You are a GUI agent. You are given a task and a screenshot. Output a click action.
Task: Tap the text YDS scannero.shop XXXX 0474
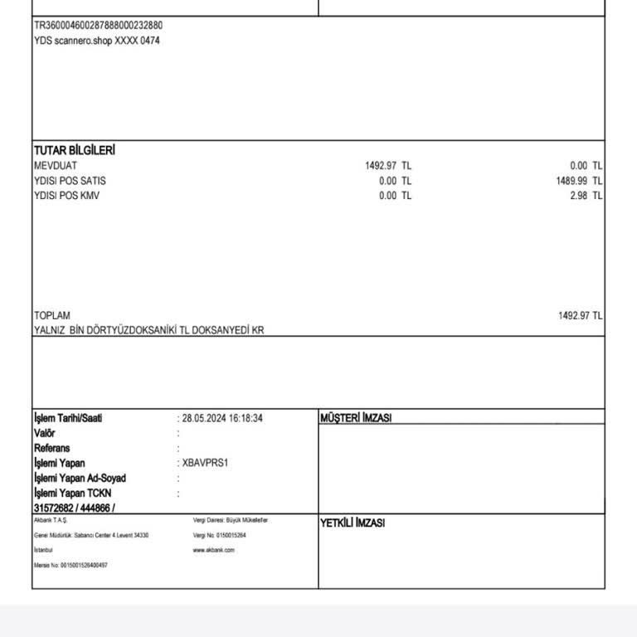[x=97, y=41]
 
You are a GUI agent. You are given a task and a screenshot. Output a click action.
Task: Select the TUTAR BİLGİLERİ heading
[x=74, y=150]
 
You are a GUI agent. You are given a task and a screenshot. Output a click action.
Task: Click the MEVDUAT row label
[x=56, y=166]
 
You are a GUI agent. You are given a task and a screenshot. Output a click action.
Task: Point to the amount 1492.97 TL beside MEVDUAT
[x=387, y=166]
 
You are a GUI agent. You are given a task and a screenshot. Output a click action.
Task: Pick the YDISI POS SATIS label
[x=70, y=181]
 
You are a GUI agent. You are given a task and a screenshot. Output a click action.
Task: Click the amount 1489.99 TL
[x=579, y=181]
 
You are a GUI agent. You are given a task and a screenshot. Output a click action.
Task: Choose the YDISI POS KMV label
[x=66, y=196]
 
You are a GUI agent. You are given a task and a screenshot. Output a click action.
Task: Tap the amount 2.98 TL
[x=586, y=196]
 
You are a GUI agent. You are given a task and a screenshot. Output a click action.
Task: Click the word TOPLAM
[x=52, y=315]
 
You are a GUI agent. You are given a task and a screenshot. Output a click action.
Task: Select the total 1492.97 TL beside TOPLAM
[x=580, y=315]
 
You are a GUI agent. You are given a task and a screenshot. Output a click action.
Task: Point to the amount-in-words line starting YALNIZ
[x=149, y=330]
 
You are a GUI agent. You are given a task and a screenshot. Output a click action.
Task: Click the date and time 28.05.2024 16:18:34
[x=222, y=418]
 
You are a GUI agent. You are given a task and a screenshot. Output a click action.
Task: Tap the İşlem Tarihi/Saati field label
[x=68, y=418]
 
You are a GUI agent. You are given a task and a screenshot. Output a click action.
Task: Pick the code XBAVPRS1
[x=205, y=463]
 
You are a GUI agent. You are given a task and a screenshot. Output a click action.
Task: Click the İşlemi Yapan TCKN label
[x=72, y=493]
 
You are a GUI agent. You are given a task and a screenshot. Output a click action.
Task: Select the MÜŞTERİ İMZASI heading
[x=355, y=418]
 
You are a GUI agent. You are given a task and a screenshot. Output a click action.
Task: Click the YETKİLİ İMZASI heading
[x=352, y=523]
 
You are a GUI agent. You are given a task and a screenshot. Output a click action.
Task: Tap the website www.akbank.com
[x=213, y=550]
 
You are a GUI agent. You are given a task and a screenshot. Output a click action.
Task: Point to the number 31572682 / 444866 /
[x=75, y=508]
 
